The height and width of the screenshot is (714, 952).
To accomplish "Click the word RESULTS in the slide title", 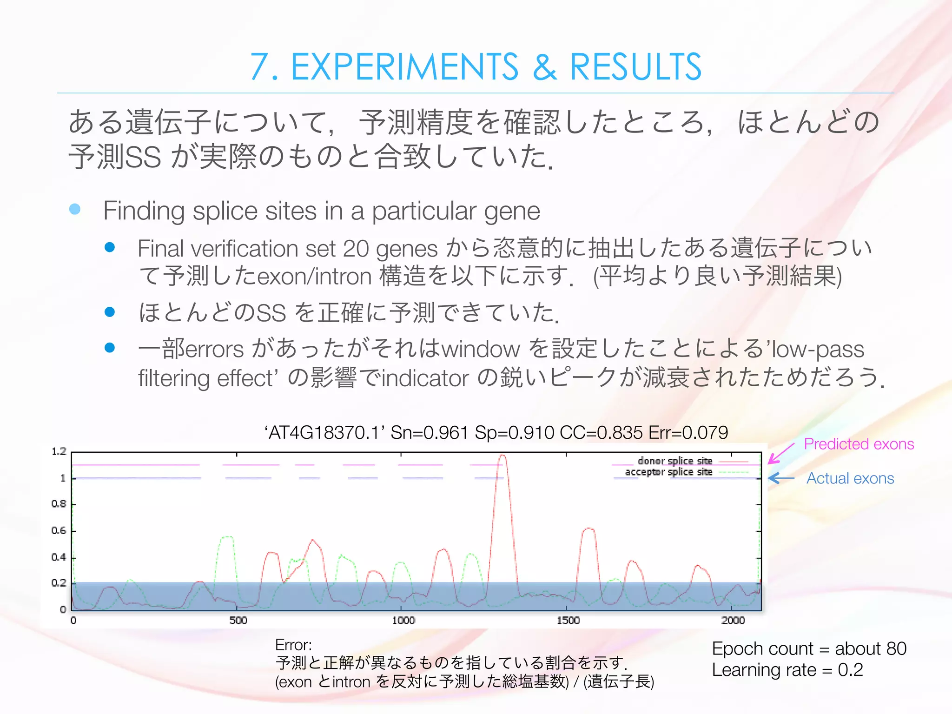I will (x=635, y=67).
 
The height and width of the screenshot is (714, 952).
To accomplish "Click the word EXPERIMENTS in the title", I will (x=404, y=67).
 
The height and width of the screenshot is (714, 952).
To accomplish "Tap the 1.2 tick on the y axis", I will (x=59, y=451).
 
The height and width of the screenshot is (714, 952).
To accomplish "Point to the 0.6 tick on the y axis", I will (x=59, y=530).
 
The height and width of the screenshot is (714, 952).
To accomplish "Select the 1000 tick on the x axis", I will (x=403, y=620).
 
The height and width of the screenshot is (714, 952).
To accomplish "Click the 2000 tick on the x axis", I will (x=733, y=620).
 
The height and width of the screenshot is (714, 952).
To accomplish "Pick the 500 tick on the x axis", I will (x=238, y=620).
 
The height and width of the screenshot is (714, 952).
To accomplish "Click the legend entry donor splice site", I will (x=675, y=461).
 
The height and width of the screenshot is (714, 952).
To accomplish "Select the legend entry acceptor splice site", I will (x=668, y=472).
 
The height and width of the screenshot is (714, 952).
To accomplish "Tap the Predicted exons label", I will (x=859, y=444).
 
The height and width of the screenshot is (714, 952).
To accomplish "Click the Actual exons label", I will (x=850, y=478).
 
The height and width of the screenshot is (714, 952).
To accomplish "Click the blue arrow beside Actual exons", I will (x=781, y=478).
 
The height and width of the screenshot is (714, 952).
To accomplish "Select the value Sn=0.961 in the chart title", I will (x=429, y=432).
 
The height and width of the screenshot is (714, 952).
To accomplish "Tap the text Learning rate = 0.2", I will (x=787, y=670).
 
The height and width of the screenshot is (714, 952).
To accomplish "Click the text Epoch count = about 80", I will (x=809, y=648).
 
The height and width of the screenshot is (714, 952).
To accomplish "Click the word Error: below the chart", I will (x=293, y=645).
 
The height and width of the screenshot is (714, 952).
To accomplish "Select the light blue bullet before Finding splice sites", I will (x=75, y=209).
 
